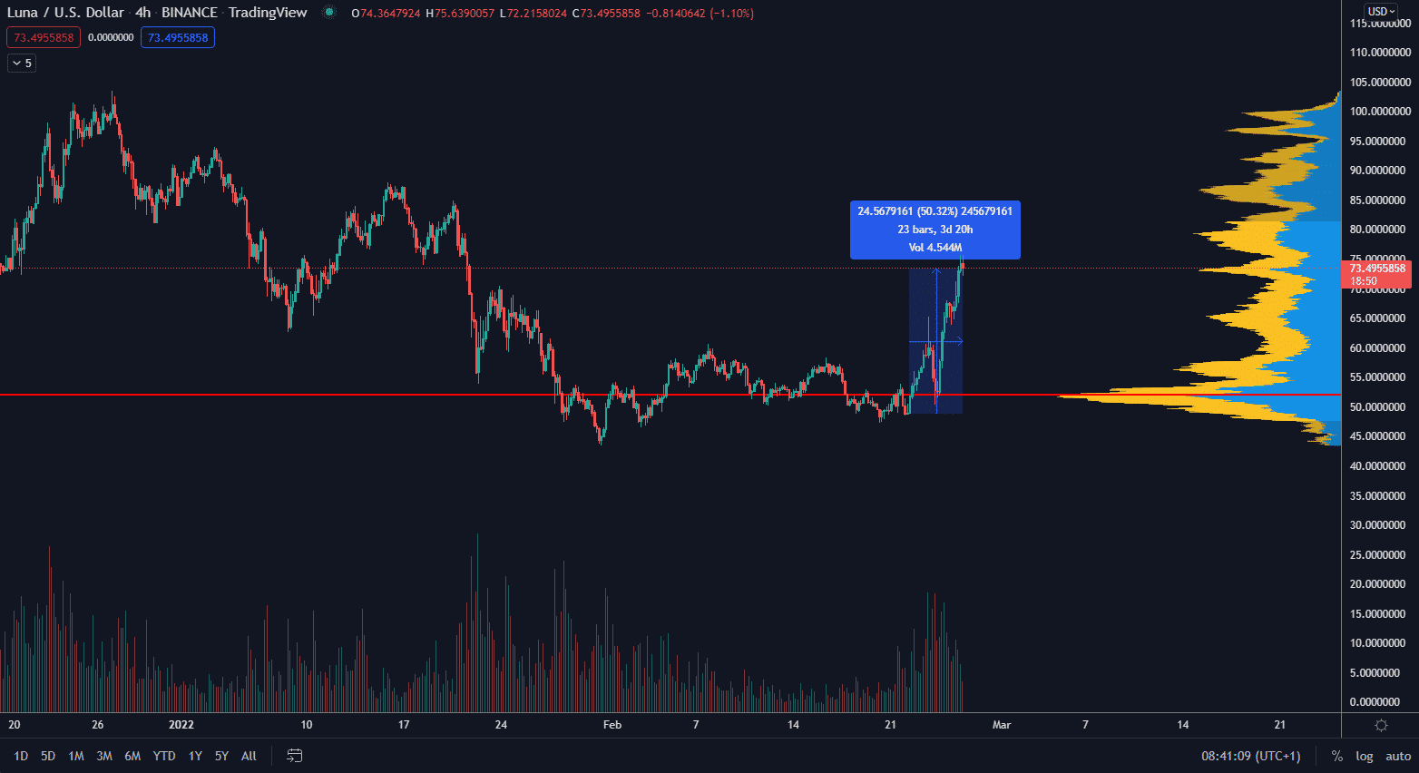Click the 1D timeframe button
(21, 756)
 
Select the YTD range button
(164, 756)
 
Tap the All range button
(249, 756)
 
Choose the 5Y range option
(221, 756)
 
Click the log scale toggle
(1364, 756)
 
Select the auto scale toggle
(1398, 756)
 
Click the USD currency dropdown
(1381, 12)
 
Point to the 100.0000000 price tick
(1380, 112)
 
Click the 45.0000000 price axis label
(1380, 436)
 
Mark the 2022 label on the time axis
(181, 725)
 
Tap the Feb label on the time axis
(612, 725)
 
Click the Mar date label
(1002, 725)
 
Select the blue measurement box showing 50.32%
(935, 230)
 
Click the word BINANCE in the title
(190, 13)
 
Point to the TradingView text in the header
(268, 13)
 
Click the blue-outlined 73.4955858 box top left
(178, 38)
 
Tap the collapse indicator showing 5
(22, 64)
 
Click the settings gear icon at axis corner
(1381, 725)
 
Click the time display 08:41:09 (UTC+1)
(1250, 756)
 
